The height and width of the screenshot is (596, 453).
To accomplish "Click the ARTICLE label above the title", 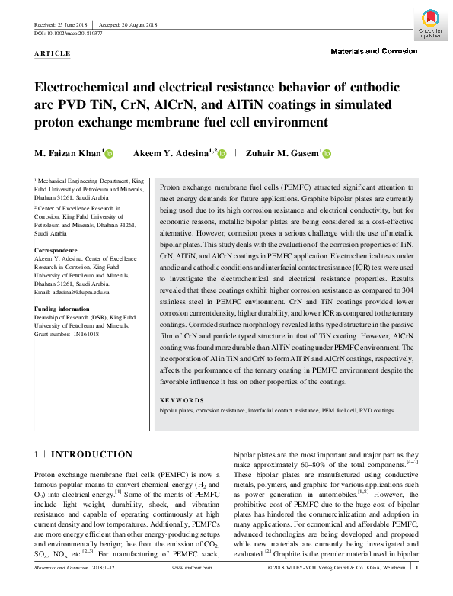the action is pos(53,53).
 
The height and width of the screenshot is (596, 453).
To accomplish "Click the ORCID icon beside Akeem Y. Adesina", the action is pos(222,154).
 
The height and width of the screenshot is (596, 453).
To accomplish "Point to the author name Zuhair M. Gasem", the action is pos(282,153).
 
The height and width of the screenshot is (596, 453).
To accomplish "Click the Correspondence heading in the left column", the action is pos(57,250).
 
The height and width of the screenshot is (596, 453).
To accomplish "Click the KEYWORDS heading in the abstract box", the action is pos(181,400).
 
